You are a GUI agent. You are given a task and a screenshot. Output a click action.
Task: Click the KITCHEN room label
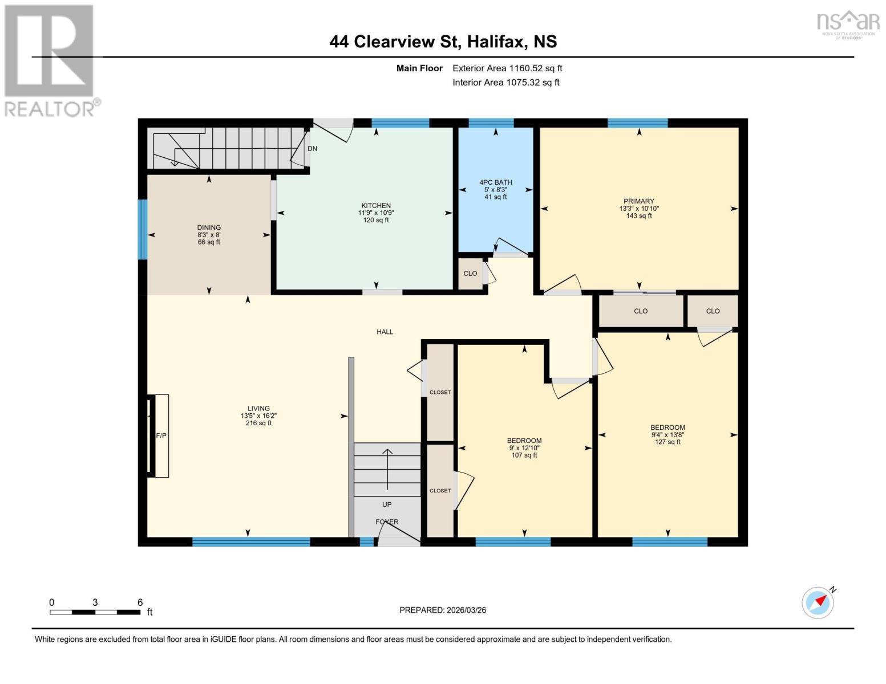pyautogui.click(x=375, y=206)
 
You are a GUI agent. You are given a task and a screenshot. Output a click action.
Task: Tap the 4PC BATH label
pyautogui.click(x=495, y=182)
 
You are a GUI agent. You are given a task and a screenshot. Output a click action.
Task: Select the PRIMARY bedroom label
pyautogui.click(x=638, y=201)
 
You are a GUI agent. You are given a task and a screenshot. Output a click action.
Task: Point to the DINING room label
pyautogui.click(x=209, y=227)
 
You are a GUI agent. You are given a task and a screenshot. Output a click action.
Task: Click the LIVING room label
pyautogui.click(x=258, y=408)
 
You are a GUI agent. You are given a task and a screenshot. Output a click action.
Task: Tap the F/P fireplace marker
pyautogui.click(x=161, y=435)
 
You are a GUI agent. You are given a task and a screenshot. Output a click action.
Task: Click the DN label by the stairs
pyautogui.click(x=312, y=149)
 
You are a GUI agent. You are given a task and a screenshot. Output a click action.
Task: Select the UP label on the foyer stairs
pyautogui.click(x=387, y=504)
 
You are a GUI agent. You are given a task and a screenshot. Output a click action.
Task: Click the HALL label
pyautogui.click(x=385, y=332)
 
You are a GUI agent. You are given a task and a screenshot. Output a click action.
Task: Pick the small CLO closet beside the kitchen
pyautogui.click(x=470, y=274)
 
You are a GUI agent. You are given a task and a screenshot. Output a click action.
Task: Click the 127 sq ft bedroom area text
pyautogui.click(x=667, y=442)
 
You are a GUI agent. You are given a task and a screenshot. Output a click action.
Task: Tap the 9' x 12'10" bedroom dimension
pyautogui.click(x=524, y=448)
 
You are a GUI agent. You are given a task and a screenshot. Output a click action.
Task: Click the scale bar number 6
pyautogui.click(x=140, y=602)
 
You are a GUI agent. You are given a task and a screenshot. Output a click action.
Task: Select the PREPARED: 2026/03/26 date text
pyautogui.click(x=443, y=610)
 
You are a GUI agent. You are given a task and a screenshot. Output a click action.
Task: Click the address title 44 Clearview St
pyautogui.click(x=443, y=42)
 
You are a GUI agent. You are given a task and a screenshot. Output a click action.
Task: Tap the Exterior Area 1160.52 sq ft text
pyautogui.click(x=507, y=68)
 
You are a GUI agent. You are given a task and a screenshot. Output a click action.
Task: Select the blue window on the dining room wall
pyautogui.click(x=143, y=229)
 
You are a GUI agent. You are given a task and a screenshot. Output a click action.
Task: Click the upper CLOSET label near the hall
pyautogui.click(x=440, y=392)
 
